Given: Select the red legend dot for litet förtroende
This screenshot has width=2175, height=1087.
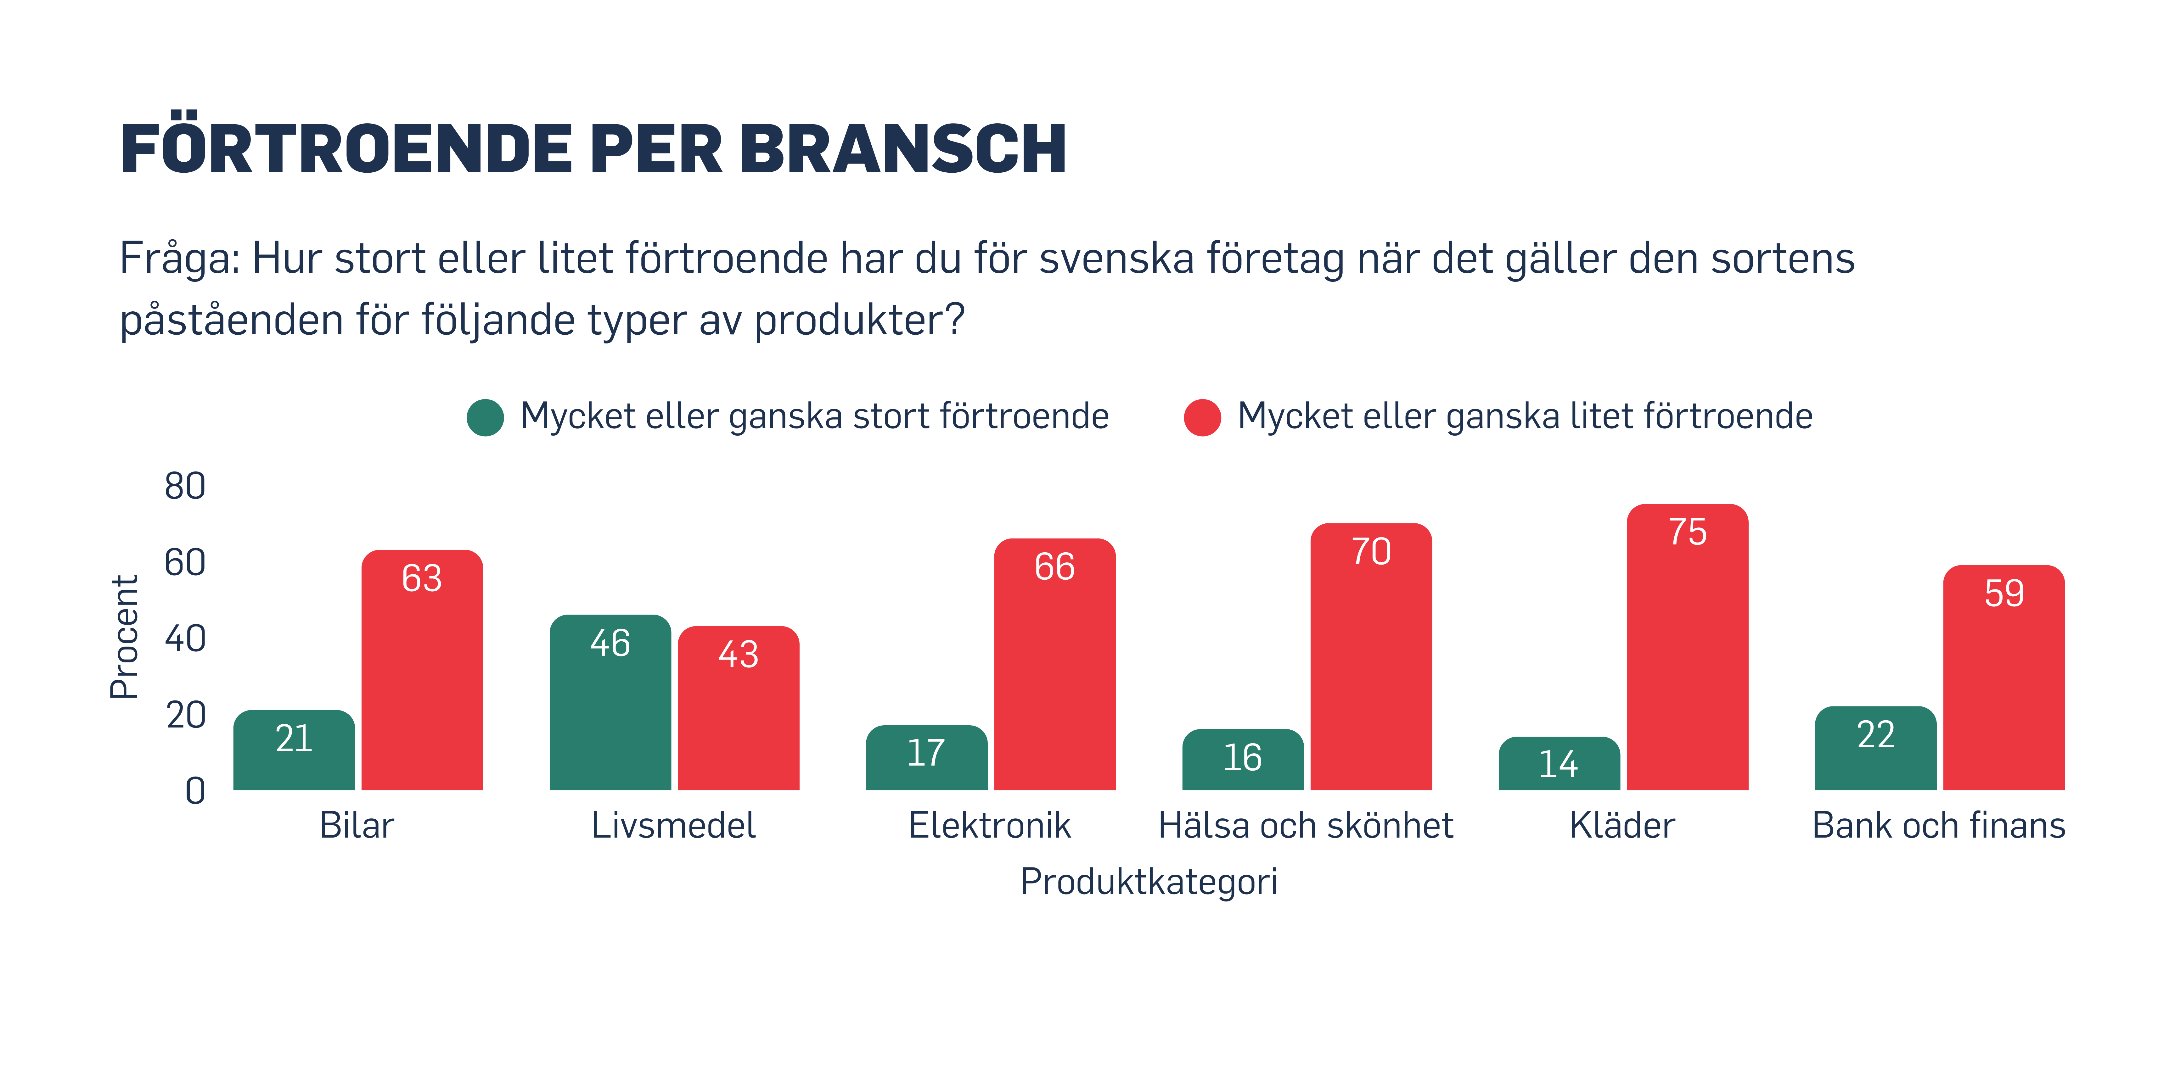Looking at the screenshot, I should coord(1202,417).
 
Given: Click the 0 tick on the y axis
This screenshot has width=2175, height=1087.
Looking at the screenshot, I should coord(195,791).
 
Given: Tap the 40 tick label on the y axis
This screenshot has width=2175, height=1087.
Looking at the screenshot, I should coord(185,639).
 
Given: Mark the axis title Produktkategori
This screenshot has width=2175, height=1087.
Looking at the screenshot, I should coord(1148,881).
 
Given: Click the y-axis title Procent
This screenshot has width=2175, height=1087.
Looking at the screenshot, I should coord(124,637).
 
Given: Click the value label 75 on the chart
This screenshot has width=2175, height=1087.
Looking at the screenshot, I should coord(1687,532).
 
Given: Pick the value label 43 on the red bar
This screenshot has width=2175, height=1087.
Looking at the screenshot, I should coord(738,654).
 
